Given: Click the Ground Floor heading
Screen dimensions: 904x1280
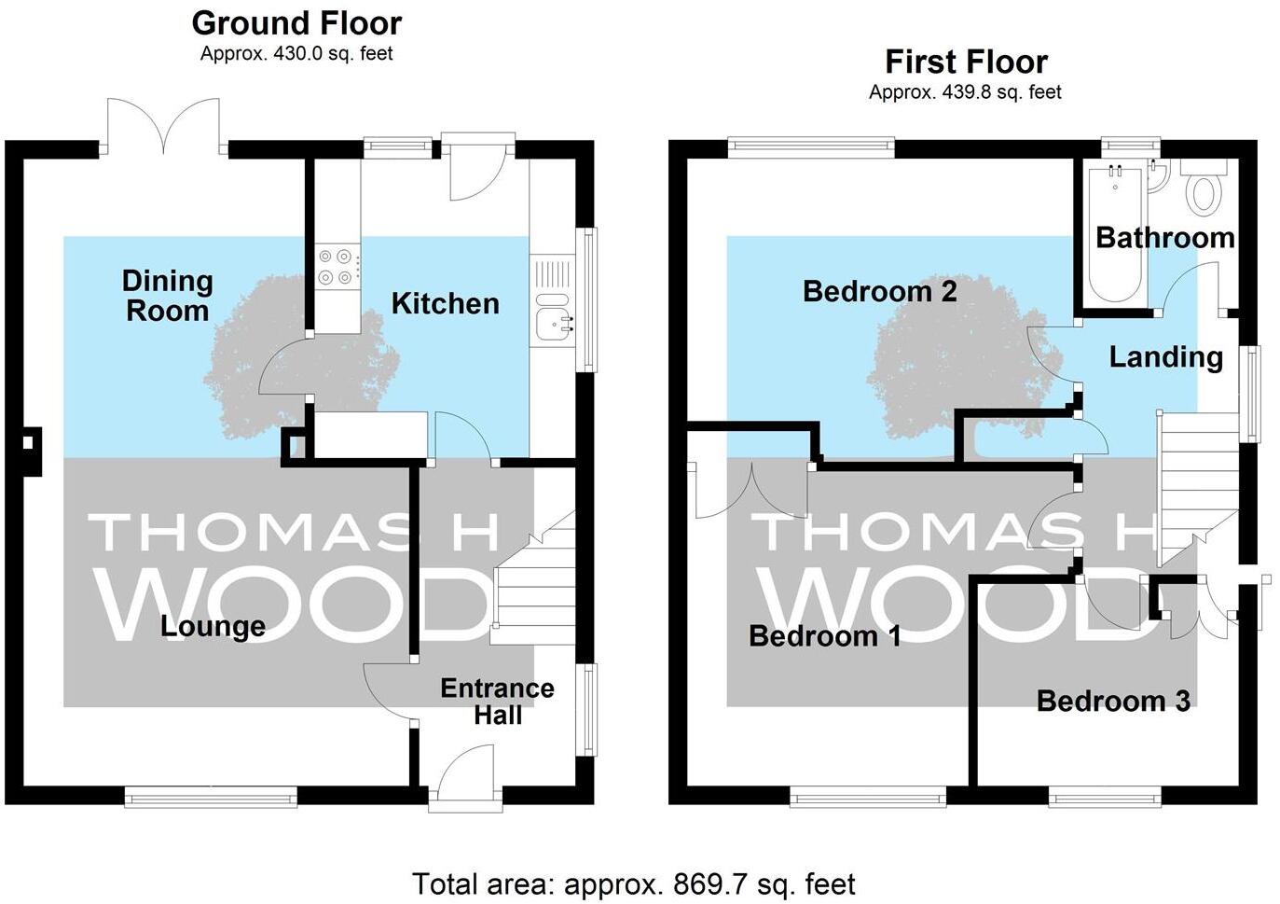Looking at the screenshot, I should coord(296,22).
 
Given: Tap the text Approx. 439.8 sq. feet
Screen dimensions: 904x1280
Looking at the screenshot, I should coord(965,91).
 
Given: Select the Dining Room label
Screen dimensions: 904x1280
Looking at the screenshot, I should coord(168,295).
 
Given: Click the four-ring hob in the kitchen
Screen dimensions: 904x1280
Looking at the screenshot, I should coord(337,266).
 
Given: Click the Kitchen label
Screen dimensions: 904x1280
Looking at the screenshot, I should coord(445,303).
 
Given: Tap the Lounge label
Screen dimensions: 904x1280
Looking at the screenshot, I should coord(213,626).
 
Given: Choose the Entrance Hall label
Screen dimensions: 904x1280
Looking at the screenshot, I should coord(497,702).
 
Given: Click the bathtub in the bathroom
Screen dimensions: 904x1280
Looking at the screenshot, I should coord(1114,233).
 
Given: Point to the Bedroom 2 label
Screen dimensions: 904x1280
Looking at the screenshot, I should coord(879,292).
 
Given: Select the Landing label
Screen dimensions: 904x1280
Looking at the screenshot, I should coord(1165,356).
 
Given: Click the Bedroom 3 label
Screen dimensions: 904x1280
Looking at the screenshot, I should coord(1113,701).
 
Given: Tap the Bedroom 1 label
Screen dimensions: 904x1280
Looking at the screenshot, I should coord(824,636).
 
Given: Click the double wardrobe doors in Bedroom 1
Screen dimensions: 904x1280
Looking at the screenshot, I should coord(751,492).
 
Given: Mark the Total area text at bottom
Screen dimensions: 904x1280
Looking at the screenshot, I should coord(633,883).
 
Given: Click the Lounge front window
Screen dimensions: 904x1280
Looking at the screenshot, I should coord(211,796).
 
